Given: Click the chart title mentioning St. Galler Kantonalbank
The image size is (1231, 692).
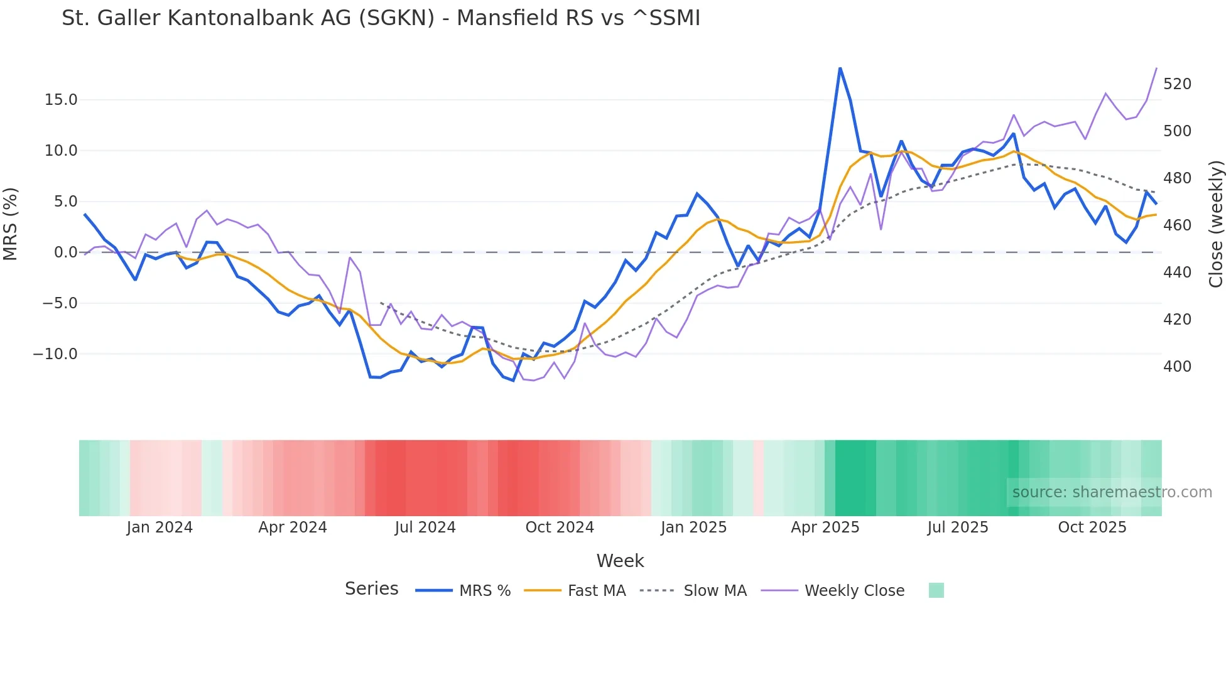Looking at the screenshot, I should click(381, 18).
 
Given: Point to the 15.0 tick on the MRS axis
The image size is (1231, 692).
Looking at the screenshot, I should click(61, 100).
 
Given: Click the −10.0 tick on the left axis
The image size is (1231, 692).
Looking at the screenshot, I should click(55, 354).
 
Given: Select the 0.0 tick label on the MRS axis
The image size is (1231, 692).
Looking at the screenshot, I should click(65, 252).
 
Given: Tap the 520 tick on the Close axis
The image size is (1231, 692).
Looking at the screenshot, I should click(1177, 84).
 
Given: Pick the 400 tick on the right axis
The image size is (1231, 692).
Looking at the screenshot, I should click(1177, 367).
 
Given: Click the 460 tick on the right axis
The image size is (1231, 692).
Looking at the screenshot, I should click(1177, 225).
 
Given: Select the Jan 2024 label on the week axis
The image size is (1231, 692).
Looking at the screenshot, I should click(160, 527).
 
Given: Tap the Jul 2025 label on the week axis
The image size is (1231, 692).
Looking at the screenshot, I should click(957, 527).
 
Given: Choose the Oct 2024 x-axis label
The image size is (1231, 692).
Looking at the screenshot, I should click(560, 527).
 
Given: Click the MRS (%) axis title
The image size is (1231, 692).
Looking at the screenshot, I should click(11, 224).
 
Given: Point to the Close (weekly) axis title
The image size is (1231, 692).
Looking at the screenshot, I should click(1216, 224).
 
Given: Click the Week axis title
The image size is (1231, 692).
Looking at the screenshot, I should click(620, 561).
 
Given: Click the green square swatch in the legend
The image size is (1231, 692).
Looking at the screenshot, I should click(936, 590).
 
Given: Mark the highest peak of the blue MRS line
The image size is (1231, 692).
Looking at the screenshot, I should click(840, 68).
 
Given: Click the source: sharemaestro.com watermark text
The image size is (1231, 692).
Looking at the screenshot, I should click(1112, 492).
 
